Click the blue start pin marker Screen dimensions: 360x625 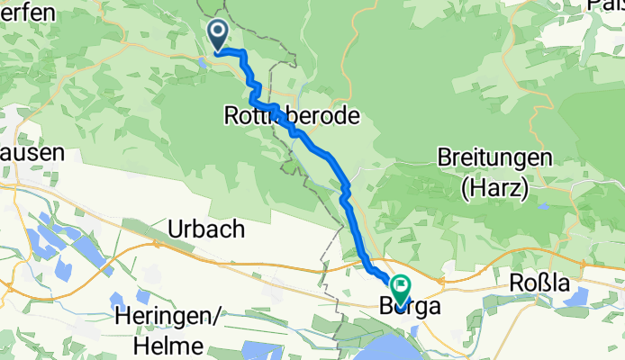[219, 35]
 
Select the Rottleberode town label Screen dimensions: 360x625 [292, 116]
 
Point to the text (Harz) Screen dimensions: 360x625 [494, 187]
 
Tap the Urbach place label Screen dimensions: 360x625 [206, 229]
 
